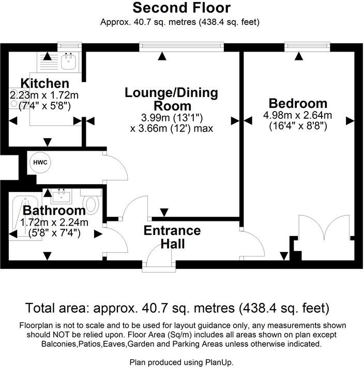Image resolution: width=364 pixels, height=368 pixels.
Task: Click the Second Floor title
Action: click(x=181, y=8)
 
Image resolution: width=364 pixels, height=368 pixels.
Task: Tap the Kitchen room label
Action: click(x=44, y=83)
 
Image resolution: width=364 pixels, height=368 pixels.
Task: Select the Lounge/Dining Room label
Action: click(x=172, y=99)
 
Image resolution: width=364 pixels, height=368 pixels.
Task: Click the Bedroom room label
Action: click(x=297, y=103)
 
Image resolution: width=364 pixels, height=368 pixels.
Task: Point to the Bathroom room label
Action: click(x=54, y=211)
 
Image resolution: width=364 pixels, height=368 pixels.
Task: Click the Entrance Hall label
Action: click(x=172, y=236)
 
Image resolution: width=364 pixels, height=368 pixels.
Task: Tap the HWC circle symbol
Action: click(x=40, y=162)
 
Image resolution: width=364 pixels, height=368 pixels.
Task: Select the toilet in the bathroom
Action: click(x=92, y=202)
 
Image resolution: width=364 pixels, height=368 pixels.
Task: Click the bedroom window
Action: click(x=299, y=47)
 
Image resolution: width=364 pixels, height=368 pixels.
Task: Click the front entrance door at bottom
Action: click(x=160, y=261)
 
